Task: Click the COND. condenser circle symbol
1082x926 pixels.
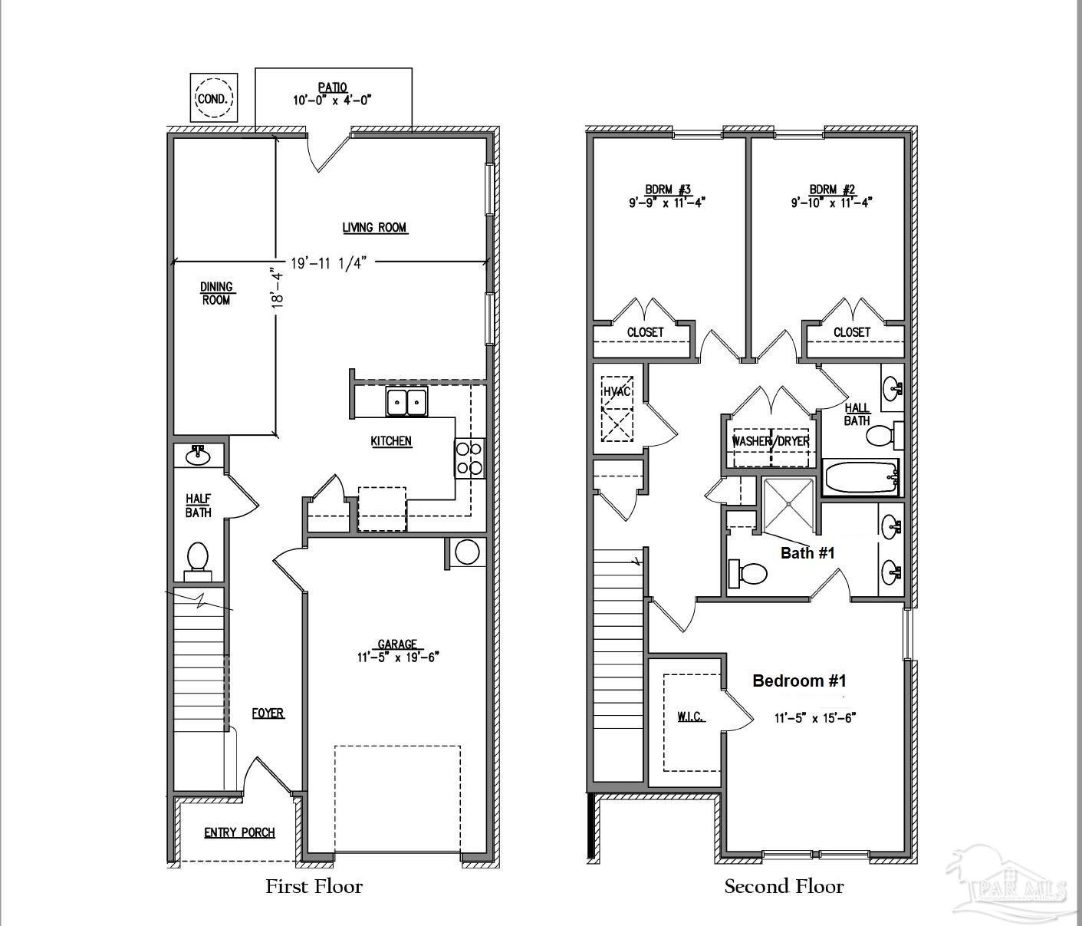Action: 214,98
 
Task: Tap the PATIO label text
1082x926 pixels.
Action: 333,87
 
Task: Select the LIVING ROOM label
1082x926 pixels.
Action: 374,227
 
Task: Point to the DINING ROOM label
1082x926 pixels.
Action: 216,293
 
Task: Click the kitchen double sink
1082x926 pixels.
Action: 406,402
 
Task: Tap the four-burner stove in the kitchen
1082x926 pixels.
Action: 469,458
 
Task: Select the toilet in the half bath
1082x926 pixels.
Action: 198,559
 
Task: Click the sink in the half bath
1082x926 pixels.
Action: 199,456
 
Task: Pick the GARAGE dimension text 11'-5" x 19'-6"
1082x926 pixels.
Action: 397,657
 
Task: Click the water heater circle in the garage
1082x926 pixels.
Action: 468,552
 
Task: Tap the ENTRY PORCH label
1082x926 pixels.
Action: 239,832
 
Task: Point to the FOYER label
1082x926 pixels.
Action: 268,713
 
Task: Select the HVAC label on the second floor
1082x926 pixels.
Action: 616,391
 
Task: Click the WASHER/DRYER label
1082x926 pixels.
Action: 771,442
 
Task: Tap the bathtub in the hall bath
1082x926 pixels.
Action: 860,478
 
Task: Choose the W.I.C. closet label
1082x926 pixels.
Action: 690,717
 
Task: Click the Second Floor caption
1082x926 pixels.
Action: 784,887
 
